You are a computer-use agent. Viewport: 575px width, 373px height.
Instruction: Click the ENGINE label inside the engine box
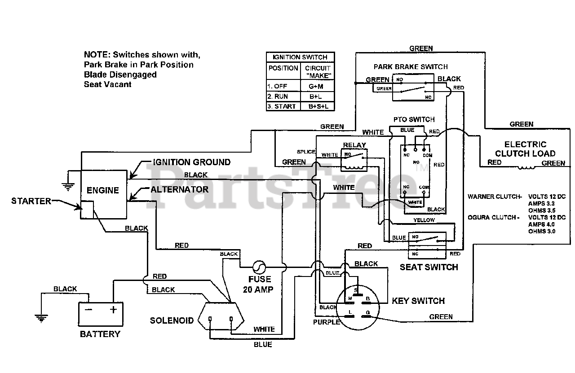click(103, 190)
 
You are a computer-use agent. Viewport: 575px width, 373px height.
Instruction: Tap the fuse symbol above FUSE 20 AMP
click(259, 268)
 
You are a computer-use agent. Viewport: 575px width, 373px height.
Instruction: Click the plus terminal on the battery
click(113, 310)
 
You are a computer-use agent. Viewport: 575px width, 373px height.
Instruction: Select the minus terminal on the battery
click(88, 310)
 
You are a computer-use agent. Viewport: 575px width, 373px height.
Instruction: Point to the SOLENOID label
click(172, 320)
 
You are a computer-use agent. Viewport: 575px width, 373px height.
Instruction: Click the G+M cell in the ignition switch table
click(316, 87)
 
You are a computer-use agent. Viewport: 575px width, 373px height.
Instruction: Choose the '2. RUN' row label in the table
click(278, 97)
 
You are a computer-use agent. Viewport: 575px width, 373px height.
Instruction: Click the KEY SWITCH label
click(418, 301)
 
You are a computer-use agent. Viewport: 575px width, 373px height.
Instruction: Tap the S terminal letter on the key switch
click(356, 290)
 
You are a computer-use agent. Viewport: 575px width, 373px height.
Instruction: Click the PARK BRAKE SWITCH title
click(411, 67)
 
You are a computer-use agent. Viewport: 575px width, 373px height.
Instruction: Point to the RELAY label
click(354, 145)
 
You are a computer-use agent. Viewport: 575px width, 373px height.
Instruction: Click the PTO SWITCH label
click(414, 119)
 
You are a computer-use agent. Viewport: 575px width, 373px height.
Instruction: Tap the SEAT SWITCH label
click(429, 267)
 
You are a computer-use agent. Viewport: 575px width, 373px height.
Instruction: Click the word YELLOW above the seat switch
click(424, 220)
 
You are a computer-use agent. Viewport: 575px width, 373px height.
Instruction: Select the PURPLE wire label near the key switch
click(327, 322)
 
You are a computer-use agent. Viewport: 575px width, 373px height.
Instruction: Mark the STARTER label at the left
click(31, 201)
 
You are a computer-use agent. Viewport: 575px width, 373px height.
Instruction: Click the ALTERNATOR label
click(179, 189)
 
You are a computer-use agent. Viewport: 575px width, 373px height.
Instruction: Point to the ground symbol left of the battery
click(41, 318)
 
